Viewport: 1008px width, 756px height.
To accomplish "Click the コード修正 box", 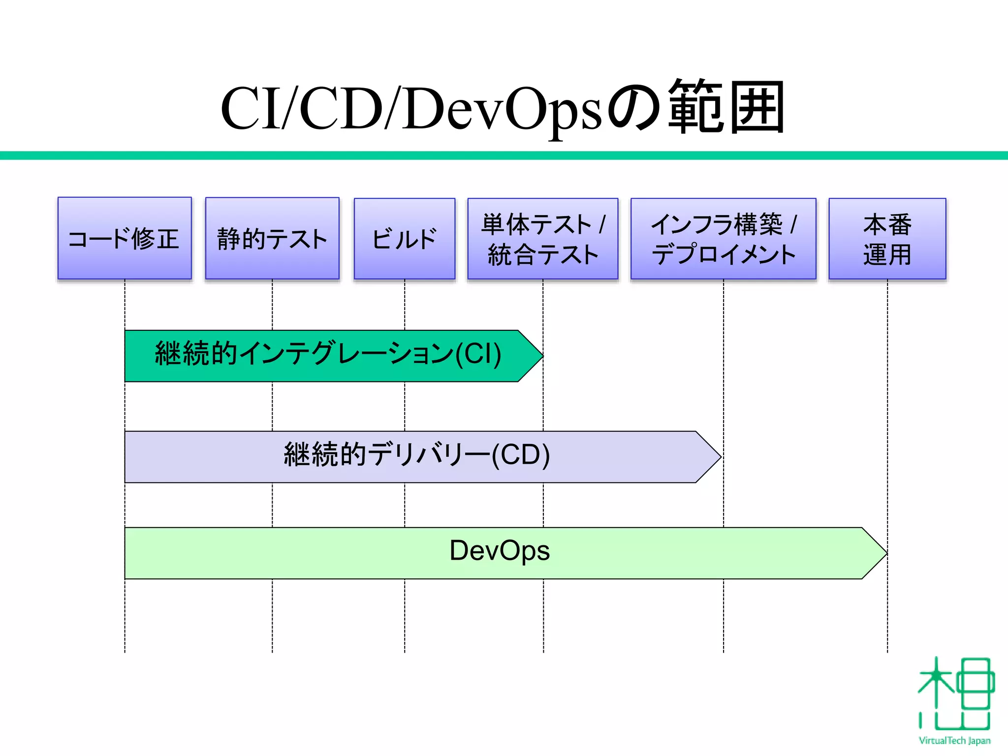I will click(x=125, y=239).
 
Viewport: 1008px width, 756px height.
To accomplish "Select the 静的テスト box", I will click(x=272, y=239).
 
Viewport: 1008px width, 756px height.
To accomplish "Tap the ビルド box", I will click(x=404, y=239).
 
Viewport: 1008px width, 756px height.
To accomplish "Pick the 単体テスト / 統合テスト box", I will click(x=542, y=239).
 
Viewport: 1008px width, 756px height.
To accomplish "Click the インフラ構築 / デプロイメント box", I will click(x=723, y=239).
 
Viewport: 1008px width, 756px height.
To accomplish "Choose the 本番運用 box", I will click(x=887, y=239).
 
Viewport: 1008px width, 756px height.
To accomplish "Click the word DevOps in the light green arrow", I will click(x=499, y=551).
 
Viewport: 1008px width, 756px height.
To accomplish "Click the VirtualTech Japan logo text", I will click(x=954, y=741).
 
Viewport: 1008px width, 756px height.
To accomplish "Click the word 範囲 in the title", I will click(x=726, y=108).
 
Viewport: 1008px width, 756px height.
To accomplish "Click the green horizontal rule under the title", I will click(x=504, y=156).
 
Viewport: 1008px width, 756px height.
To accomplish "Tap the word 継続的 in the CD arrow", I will click(x=325, y=454).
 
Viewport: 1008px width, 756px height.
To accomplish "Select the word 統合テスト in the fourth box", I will click(x=542, y=255).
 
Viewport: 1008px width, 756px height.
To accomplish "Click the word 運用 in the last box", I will click(x=887, y=255).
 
